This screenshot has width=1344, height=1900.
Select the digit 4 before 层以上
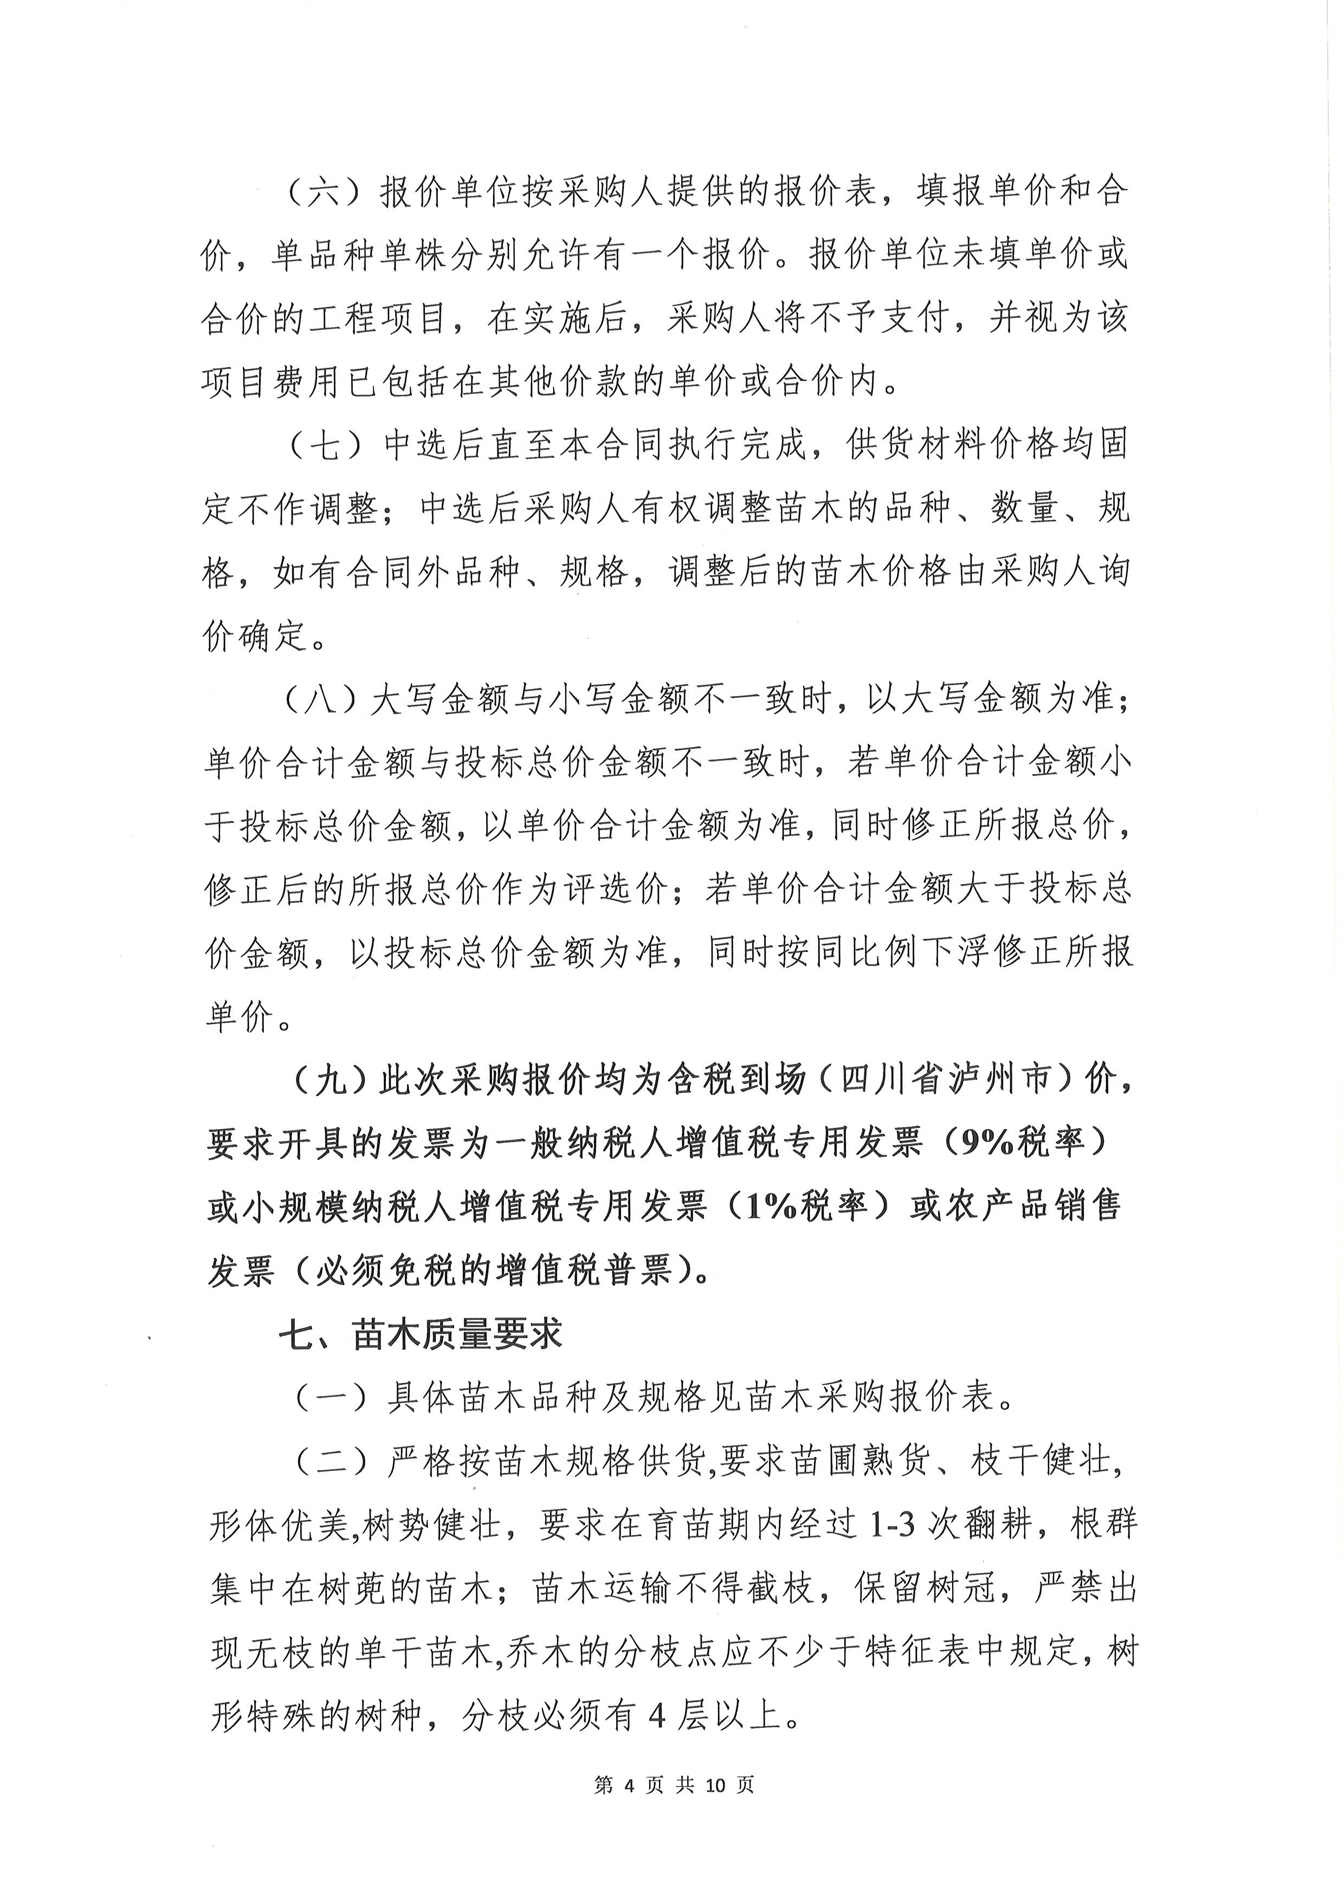657,1715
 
